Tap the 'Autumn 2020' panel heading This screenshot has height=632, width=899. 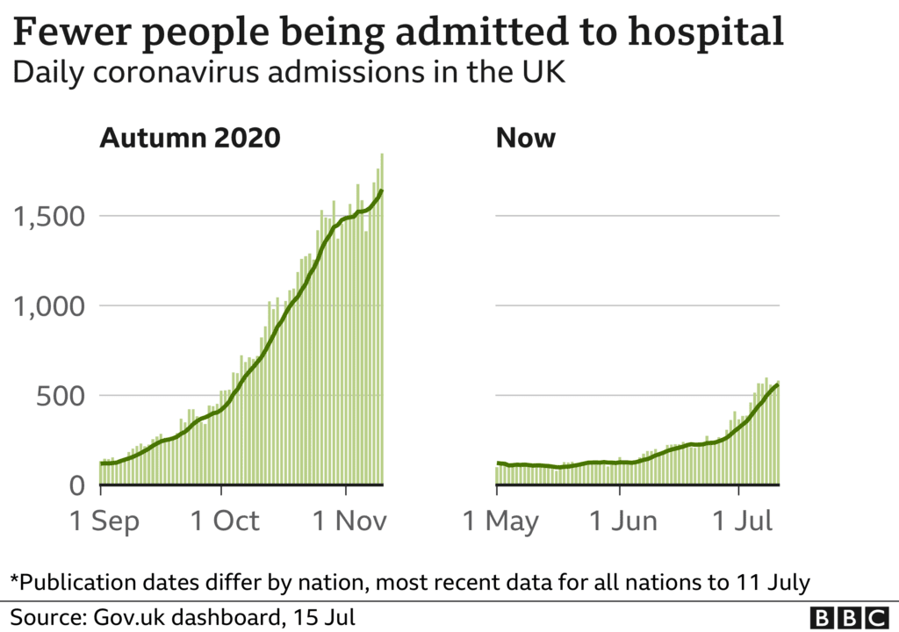(190, 138)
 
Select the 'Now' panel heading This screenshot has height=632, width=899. (526, 138)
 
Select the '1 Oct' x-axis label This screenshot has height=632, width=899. (225, 521)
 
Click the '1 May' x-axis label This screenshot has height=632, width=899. (501, 521)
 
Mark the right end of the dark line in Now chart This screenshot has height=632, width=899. (778, 384)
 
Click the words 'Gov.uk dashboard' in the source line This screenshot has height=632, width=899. (182, 616)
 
